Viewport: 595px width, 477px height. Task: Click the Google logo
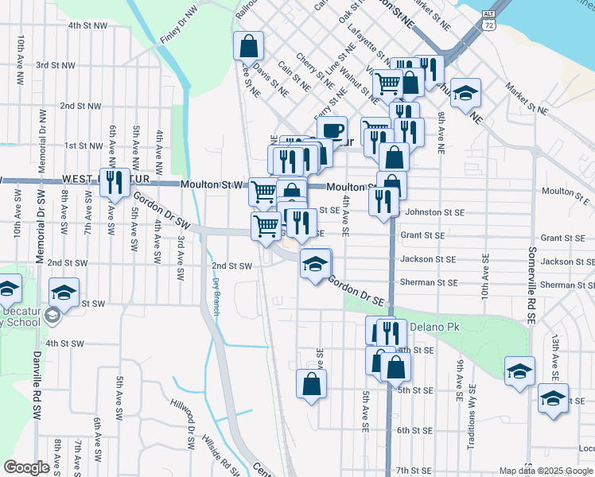(x=26, y=467)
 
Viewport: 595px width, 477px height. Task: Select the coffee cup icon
(x=332, y=130)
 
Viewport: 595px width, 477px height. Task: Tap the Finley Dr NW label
(x=178, y=26)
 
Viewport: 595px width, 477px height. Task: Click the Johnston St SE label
(x=434, y=212)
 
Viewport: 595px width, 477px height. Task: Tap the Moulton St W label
(x=211, y=184)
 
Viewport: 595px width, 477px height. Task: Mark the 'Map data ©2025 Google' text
(x=546, y=471)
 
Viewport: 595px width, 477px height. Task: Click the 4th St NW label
(x=87, y=25)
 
